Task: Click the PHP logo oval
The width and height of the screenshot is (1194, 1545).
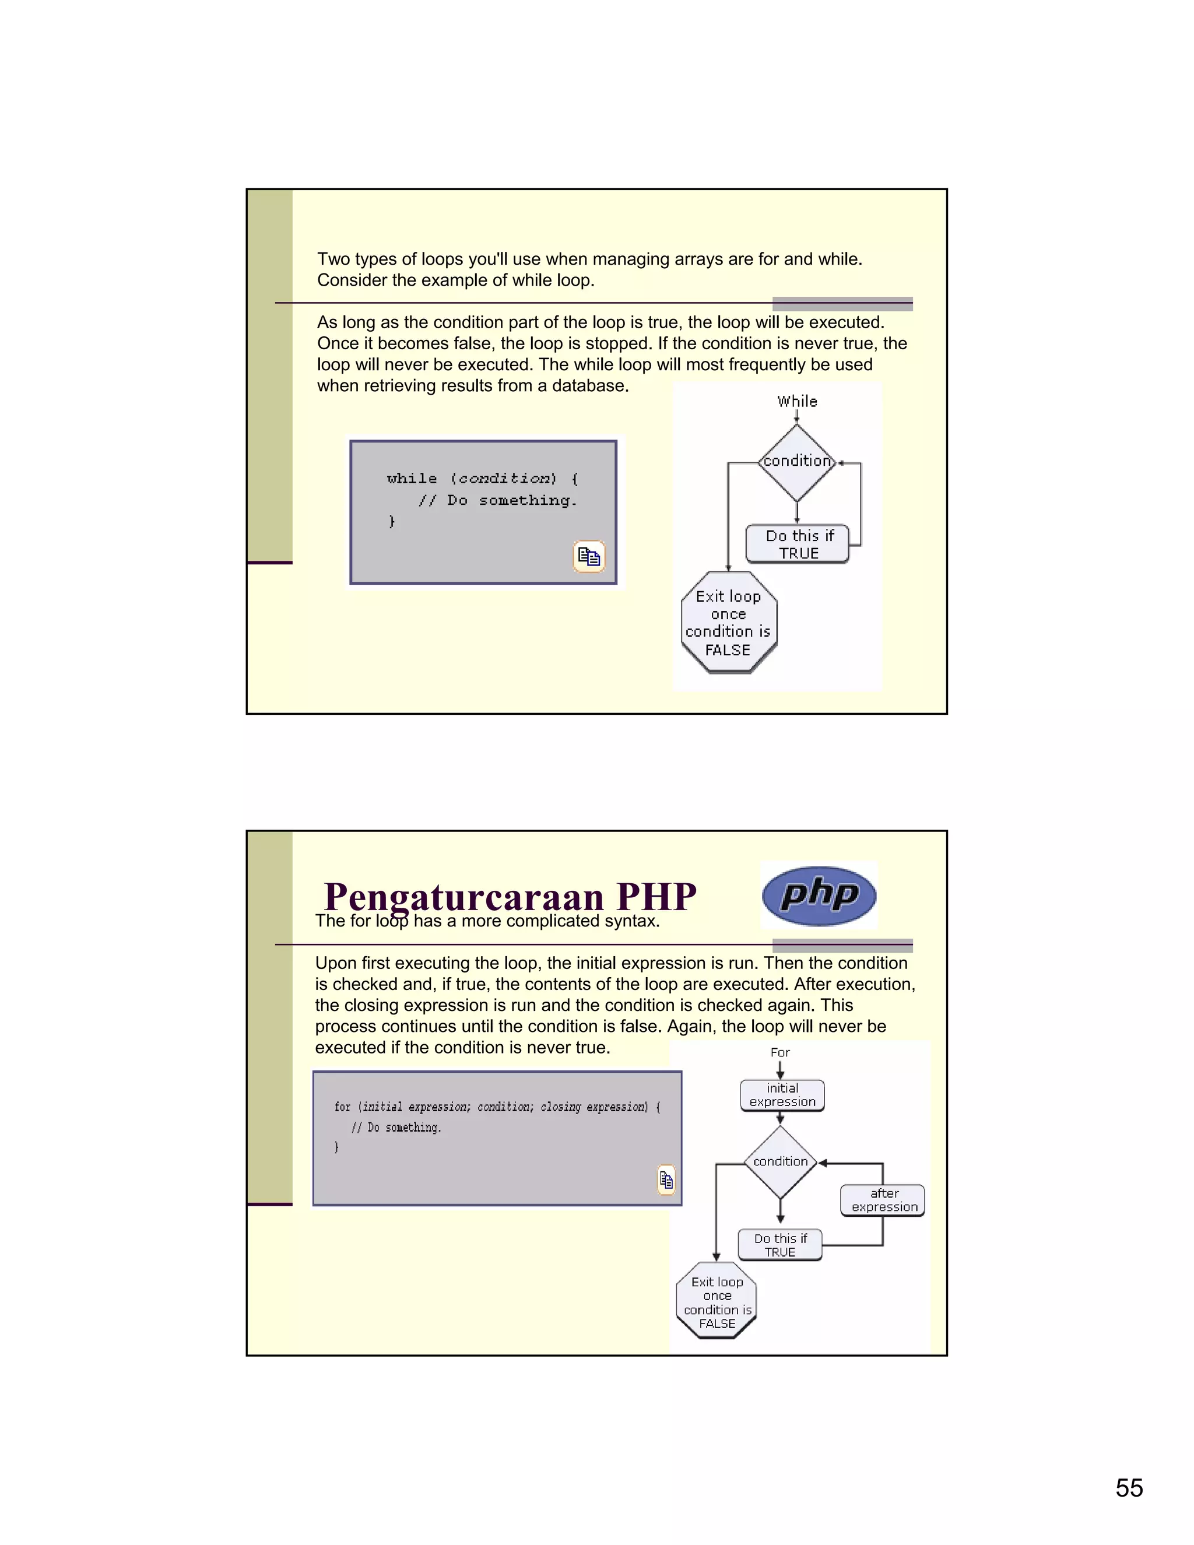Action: pyautogui.click(x=819, y=896)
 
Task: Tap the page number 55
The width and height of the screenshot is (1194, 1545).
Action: pyautogui.click(x=1129, y=1488)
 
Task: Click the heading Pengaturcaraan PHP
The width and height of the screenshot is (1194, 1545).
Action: pyautogui.click(x=510, y=897)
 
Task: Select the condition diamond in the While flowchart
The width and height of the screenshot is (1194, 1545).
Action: pyautogui.click(x=797, y=462)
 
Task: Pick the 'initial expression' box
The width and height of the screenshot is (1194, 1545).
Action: pyautogui.click(x=782, y=1095)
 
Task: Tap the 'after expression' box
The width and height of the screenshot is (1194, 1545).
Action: pyautogui.click(x=883, y=1200)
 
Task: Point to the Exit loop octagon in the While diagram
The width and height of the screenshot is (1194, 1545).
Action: pyautogui.click(x=729, y=623)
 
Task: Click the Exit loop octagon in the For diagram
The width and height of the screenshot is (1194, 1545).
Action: pyautogui.click(x=717, y=1302)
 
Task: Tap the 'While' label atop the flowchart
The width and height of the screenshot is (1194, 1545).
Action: pyautogui.click(x=797, y=401)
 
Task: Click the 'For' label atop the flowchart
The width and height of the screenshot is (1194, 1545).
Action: pyautogui.click(x=780, y=1052)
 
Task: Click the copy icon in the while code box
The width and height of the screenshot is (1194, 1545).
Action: pyautogui.click(x=588, y=556)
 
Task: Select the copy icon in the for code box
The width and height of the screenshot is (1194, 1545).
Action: pyautogui.click(x=666, y=1179)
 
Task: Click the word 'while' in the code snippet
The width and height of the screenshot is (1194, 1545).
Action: pyautogui.click(x=412, y=479)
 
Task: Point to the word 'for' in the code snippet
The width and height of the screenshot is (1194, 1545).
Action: pyautogui.click(x=342, y=1107)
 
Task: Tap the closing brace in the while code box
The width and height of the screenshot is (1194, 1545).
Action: pyautogui.click(x=391, y=521)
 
